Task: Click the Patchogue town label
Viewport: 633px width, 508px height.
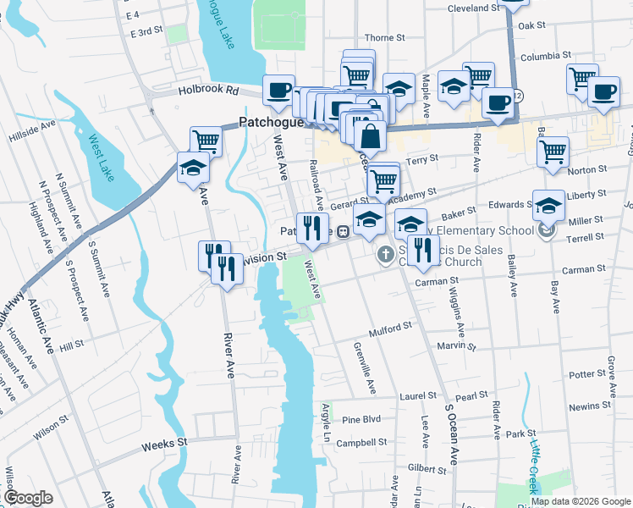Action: point(268,121)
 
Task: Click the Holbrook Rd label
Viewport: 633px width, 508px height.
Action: point(209,89)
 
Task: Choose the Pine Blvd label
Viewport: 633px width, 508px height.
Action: point(362,419)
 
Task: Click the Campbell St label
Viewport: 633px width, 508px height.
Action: point(361,442)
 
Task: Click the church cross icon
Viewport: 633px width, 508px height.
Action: point(384,252)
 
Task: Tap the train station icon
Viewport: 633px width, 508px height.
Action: point(344,231)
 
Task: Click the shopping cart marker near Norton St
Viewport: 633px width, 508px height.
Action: point(553,152)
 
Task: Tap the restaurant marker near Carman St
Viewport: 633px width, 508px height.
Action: point(421,250)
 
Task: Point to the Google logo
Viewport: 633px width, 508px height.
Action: point(29,499)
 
